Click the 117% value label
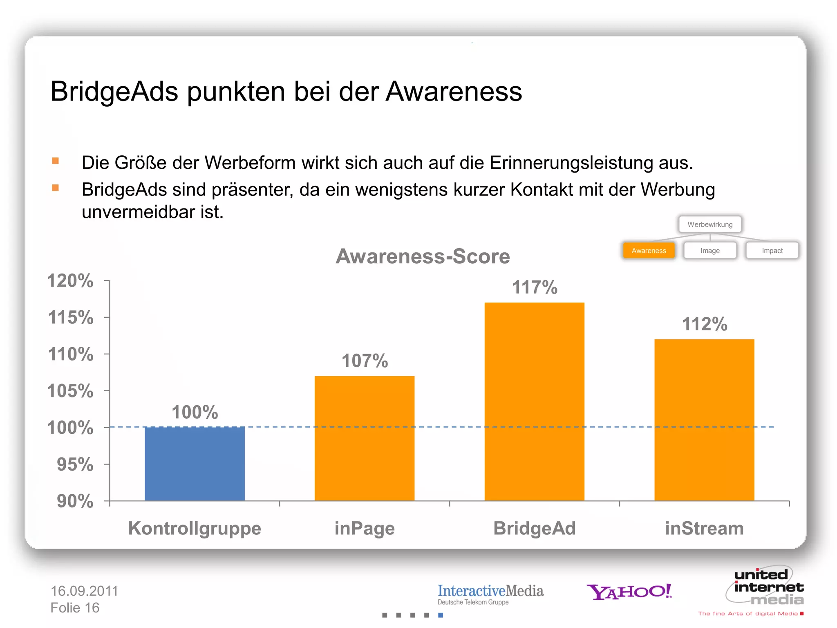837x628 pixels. [x=535, y=287]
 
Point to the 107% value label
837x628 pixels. [x=365, y=361]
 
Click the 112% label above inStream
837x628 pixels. [x=705, y=324]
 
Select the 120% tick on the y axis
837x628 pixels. [x=70, y=281]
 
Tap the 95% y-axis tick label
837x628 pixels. [x=75, y=464]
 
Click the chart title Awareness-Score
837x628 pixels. [x=423, y=256]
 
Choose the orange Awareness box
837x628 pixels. [x=649, y=251]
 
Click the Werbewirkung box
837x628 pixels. [x=710, y=224]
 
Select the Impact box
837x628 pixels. [x=772, y=251]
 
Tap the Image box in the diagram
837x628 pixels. [x=710, y=251]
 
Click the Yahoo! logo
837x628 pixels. [x=629, y=592]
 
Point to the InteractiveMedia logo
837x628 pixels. [x=490, y=594]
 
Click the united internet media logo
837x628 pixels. [x=766, y=587]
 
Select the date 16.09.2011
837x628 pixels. [x=84, y=591]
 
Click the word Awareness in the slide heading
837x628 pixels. [x=454, y=91]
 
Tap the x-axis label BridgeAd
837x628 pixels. [x=534, y=528]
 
